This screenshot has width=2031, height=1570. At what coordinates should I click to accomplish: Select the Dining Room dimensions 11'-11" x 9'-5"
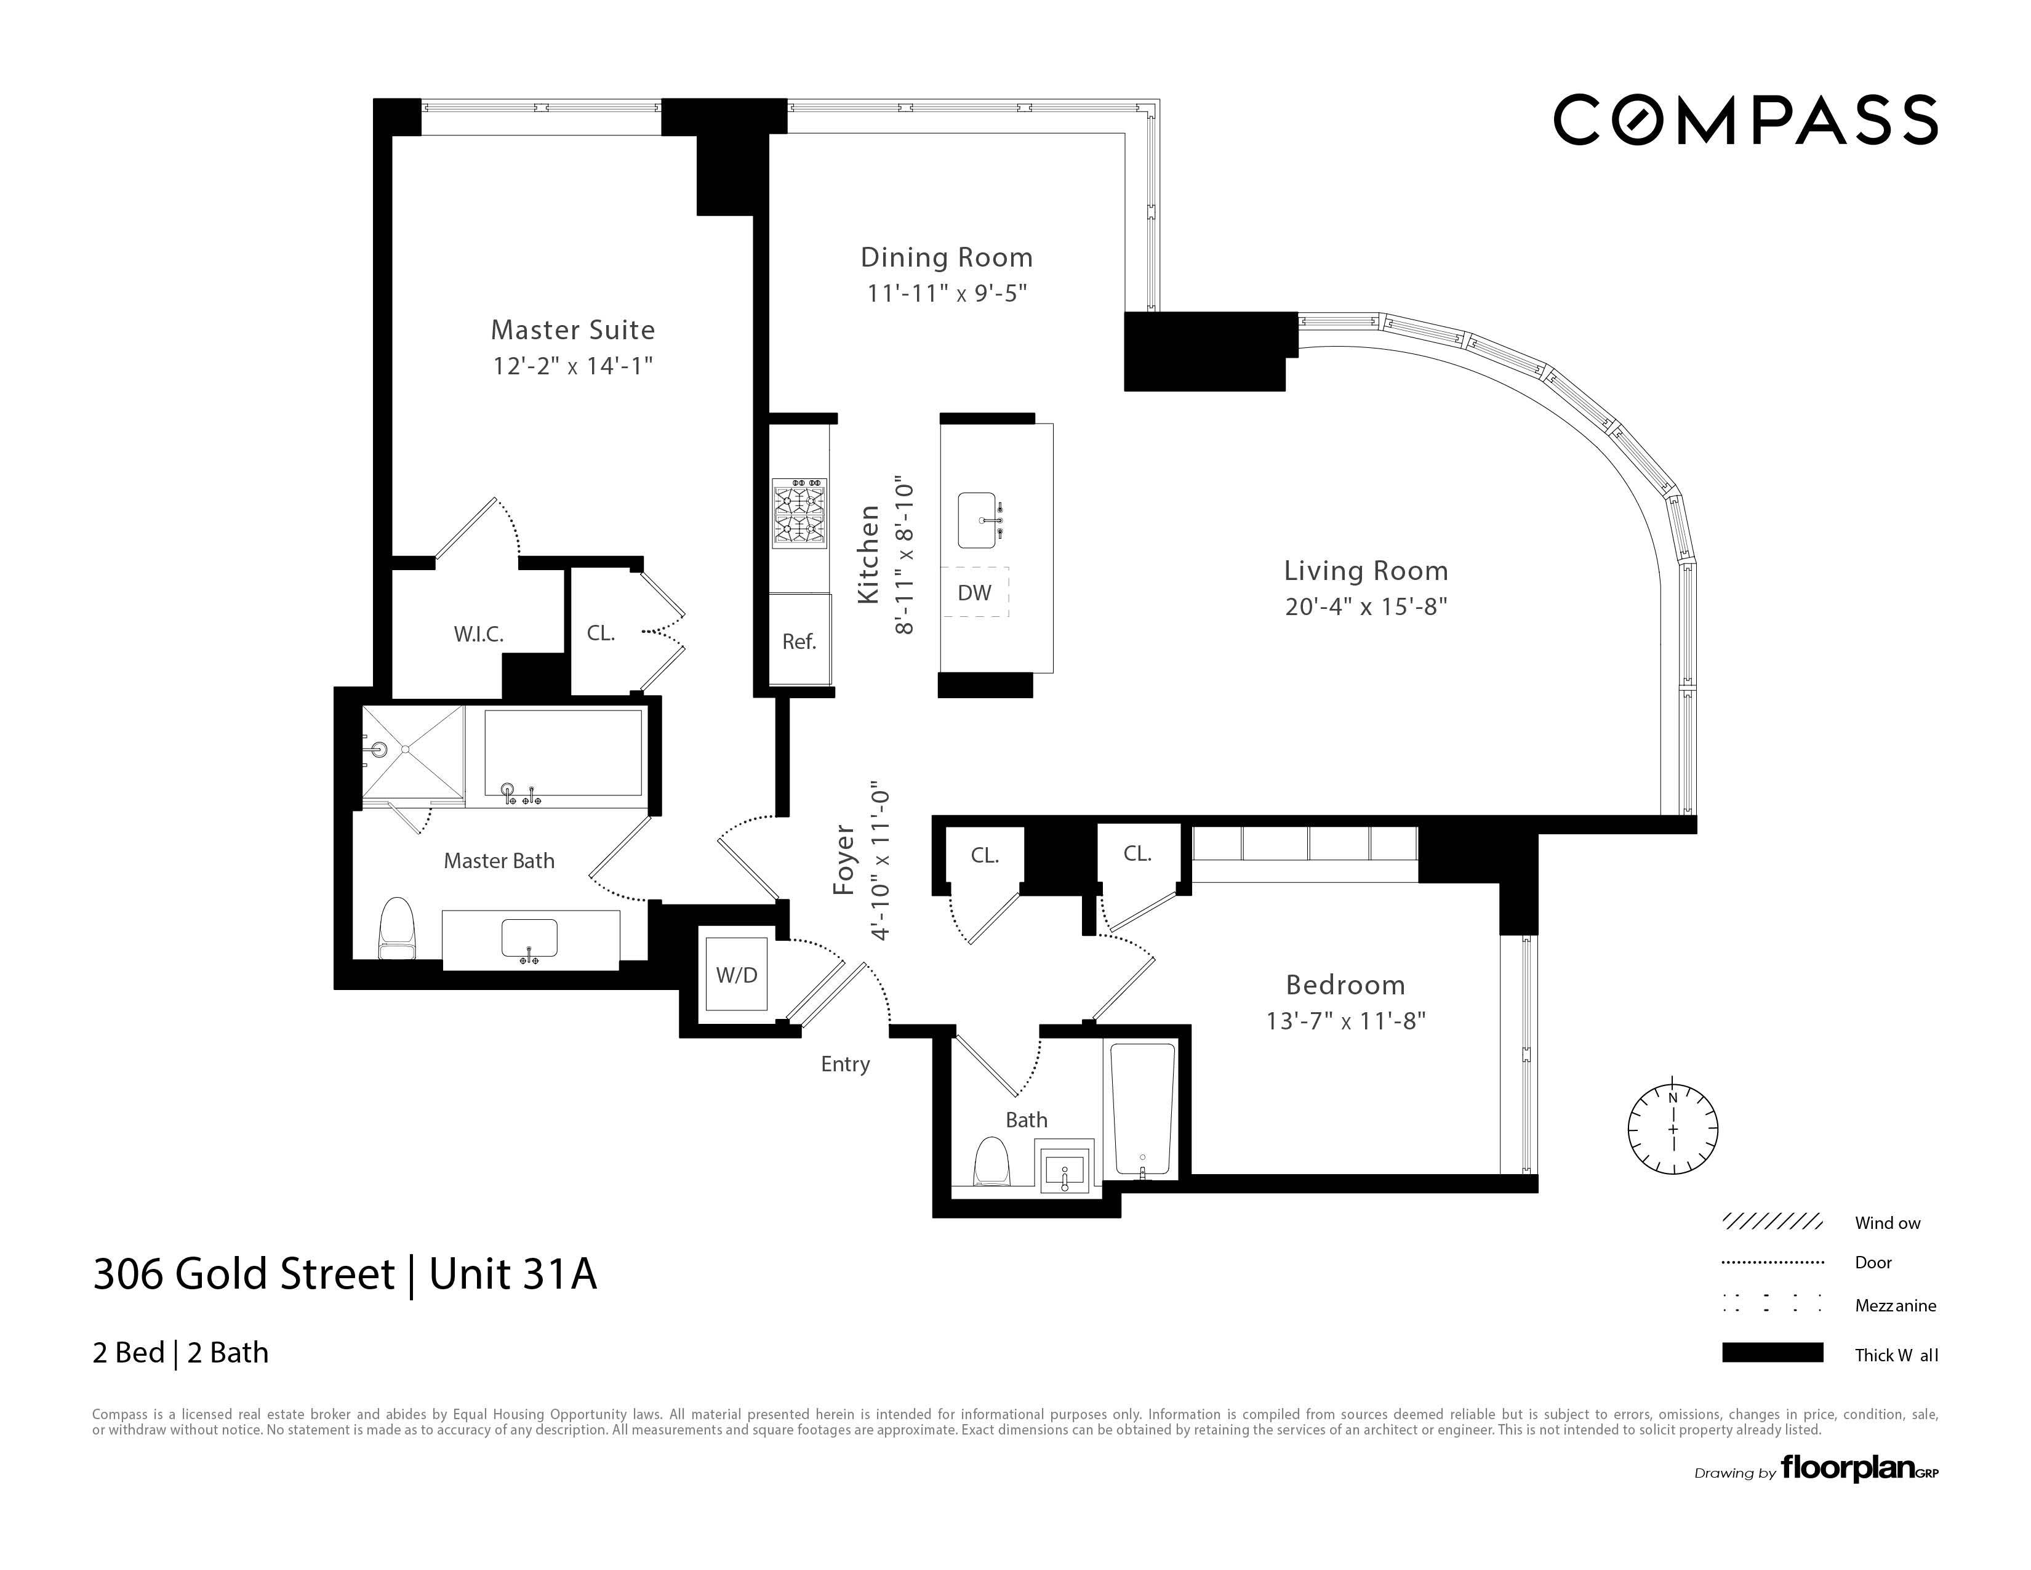click(947, 293)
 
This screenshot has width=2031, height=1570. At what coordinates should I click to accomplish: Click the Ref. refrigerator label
click(799, 641)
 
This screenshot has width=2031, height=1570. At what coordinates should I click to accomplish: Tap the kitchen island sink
click(980, 521)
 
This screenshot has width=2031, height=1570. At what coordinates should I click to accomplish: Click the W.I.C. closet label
click(478, 634)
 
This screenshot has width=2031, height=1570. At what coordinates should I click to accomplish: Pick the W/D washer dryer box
click(737, 974)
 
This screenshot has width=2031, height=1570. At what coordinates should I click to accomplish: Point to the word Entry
click(844, 1064)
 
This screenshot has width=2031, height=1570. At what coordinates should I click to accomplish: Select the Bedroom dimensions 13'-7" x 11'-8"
click(1345, 1021)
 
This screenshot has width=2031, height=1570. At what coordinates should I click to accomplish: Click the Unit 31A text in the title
click(513, 1274)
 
